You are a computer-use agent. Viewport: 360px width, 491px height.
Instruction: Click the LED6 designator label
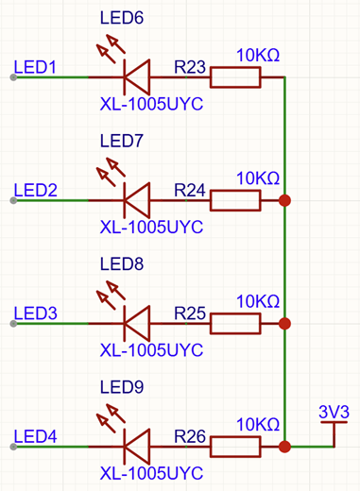(122, 18)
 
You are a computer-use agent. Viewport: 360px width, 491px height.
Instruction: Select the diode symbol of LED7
(137, 200)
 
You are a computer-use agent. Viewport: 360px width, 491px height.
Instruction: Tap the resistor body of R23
(235, 77)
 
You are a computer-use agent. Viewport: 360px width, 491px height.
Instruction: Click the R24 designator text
(190, 191)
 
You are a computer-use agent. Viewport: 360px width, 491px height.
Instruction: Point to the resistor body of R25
(235, 324)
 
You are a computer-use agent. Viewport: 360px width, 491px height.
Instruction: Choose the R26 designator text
(190, 436)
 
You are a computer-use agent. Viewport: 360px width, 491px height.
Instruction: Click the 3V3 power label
(334, 412)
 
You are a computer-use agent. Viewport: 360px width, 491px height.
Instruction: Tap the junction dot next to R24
(284, 200)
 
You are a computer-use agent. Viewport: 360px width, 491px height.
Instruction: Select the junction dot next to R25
(284, 324)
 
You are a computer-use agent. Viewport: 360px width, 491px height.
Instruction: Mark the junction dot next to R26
(284, 447)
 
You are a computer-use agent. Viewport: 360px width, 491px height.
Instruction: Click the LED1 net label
(35, 67)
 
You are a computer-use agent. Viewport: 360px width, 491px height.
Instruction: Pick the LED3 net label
(35, 313)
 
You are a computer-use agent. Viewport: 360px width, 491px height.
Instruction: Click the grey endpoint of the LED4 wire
(13, 447)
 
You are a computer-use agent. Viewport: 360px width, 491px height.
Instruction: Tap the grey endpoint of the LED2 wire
(13, 200)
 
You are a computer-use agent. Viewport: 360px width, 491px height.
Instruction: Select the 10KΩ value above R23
(258, 56)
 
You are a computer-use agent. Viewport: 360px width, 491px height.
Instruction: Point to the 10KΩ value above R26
(258, 425)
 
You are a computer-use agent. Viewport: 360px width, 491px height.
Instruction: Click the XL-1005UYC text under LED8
(151, 350)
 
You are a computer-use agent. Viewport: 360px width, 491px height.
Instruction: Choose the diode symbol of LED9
(137, 447)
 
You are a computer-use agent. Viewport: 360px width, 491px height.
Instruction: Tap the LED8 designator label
(122, 264)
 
